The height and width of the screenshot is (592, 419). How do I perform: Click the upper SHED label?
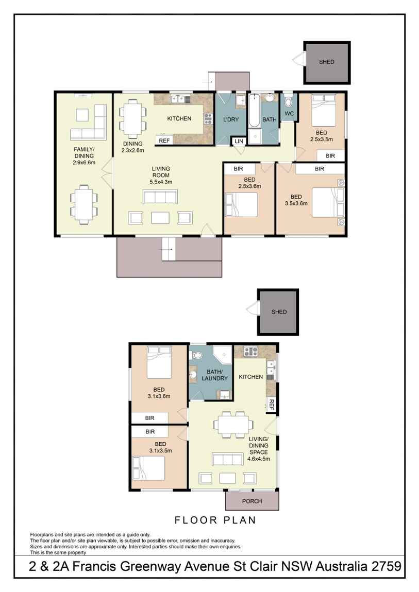pyautogui.click(x=326, y=62)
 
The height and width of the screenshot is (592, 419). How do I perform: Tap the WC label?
pyautogui.click(x=289, y=114)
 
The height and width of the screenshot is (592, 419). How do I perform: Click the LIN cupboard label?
pyautogui.click(x=238, y=141)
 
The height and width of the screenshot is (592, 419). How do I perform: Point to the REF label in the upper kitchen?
pyautogui.click(x=164, y=141)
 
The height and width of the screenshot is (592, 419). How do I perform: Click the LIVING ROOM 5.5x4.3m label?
pyautogui.click(x=161, y=175)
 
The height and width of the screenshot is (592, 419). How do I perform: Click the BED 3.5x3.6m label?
pyautogui.click(x=296, y=200)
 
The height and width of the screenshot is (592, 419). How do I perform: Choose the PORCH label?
pyautogui.click(x=252, y=501)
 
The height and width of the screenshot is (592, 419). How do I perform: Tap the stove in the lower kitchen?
pyautogui.click(x=250, y=352)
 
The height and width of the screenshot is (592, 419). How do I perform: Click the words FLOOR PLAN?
pyautogui.click(x=215, y=520)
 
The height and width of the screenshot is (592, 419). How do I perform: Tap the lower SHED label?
pyautogui.click(x=279, y=312)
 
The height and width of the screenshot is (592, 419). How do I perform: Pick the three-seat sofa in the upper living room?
pyautogui.click(x=160, y=197)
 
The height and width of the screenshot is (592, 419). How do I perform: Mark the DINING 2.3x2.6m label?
pyautogui.click(x=132, y=147)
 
